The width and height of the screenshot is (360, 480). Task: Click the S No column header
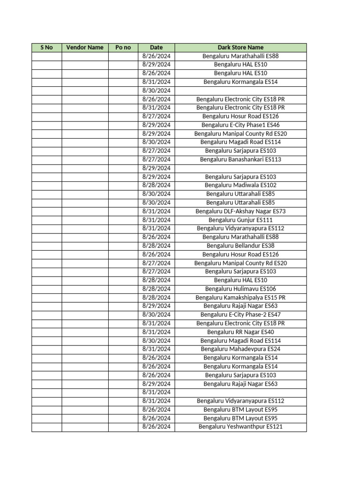[x=46, y=47]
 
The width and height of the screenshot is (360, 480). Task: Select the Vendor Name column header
[x=85, y=47]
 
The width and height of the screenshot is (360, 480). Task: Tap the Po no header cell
[x=123, y=47]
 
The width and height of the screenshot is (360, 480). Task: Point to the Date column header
[x=156, y=47]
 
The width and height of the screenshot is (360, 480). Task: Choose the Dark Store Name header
[x=240, y=47]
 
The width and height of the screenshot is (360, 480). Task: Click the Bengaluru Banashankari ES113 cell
[x=240, y=159]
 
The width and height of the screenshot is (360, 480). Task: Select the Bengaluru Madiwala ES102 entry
[x=240, y=185]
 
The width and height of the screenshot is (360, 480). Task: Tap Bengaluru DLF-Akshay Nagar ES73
[x=240, y=211]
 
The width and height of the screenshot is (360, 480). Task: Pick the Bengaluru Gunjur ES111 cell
[x=240, y=220]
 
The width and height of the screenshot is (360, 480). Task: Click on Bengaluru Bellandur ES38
[x=240, y=246]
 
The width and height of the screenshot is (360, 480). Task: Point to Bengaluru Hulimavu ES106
[x=240, y=289]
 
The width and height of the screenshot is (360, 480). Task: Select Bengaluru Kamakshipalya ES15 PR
[x=240, y=298]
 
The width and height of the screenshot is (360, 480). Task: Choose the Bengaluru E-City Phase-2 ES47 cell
[x=240, y=315]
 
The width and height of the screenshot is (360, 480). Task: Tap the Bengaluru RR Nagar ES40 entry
[x=240, y=332]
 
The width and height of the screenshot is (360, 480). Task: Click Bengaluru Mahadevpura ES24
[x=240, y=349]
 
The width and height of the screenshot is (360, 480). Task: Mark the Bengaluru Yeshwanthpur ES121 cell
[x=240, y=427]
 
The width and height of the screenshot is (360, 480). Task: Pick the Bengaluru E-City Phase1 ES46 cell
[x=240, y=125]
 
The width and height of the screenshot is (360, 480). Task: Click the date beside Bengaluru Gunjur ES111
[x=156, y=220]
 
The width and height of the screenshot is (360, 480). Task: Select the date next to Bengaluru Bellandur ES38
[x=156, y=246]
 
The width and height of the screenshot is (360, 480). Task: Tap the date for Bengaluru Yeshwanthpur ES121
[x=156, y=427]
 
